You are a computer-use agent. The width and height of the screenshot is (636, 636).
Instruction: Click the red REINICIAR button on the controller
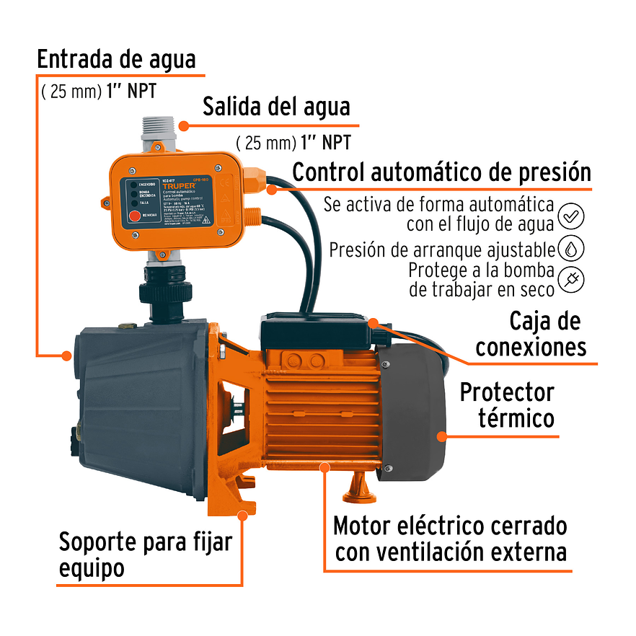click(x=133, y=215)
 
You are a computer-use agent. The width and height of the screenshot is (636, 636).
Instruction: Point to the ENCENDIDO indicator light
click(x=133, y=185)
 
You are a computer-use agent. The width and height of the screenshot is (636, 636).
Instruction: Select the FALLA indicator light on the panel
click(x=133, y=203)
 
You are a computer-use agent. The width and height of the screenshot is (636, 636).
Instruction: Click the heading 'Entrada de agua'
click(x=116, y=59)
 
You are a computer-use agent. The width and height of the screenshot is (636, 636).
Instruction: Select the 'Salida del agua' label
click(x=276, y=107)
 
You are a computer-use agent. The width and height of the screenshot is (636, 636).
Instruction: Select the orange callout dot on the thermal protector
click(x=441, y=436)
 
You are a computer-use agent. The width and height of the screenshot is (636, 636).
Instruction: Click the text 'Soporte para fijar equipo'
click(x=144, y=554)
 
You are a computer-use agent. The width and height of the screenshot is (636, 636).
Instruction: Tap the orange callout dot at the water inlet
click(x=66, y=355)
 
